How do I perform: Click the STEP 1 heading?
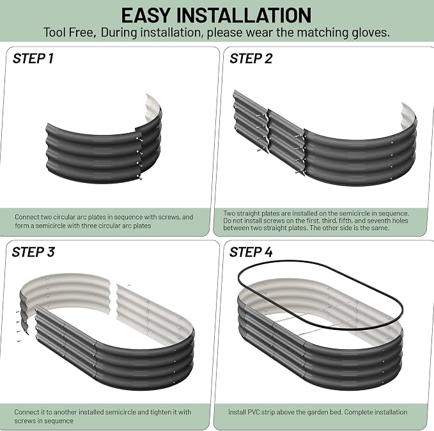(x=33, y=58)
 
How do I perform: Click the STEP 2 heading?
(x=251, y=58)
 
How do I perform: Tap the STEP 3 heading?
(x=33, y=252)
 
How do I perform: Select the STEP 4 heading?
(x=251, y=252)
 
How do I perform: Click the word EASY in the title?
(x=146, y=15)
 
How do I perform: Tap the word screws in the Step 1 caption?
(x=169, y=217)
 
